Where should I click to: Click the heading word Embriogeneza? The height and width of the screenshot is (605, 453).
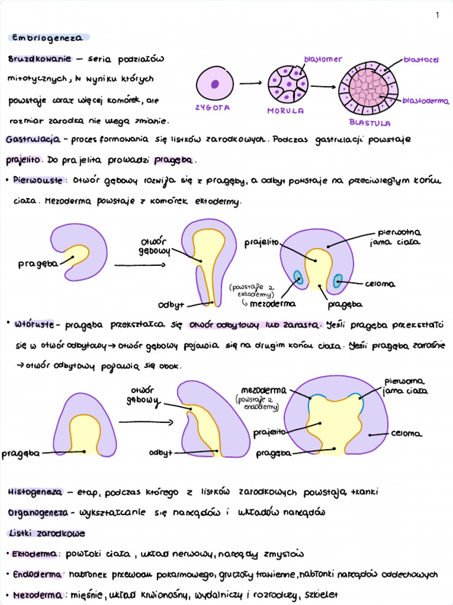point(49,38)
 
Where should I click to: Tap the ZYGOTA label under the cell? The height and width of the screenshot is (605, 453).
point(212,108)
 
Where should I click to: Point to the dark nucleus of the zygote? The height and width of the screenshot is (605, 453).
point(215,83)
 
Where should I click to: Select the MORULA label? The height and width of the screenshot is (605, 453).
point(285,110)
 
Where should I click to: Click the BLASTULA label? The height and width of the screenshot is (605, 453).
point(369,123)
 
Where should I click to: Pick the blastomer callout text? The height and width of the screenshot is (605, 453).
point(323,60)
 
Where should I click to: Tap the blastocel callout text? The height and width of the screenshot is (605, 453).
point(421,60)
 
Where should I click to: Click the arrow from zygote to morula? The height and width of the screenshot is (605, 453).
point(250,83)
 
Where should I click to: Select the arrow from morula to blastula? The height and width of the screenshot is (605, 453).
point(323,87)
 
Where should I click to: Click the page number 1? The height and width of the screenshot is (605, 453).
point(437,15)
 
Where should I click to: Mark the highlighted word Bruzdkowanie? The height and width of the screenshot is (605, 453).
point(40,59)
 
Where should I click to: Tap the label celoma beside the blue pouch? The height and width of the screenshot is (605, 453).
point(380,284)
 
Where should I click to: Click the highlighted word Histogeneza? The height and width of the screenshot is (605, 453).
point(35,492)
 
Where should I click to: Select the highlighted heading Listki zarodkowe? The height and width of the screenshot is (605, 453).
point(45,533)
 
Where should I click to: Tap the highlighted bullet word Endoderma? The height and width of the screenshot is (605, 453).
point(37,574)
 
